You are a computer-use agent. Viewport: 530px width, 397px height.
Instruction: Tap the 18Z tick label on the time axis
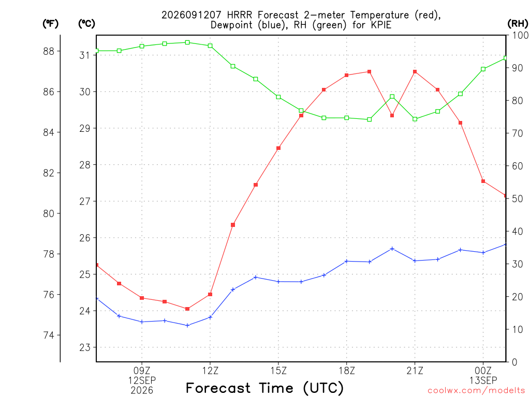347,371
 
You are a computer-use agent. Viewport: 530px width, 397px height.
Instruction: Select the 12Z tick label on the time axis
210,371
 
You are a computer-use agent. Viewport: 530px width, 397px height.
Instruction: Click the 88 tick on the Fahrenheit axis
49,51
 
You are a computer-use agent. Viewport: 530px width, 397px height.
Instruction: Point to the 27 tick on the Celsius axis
85,202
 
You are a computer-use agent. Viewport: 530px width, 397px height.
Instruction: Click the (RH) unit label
518,24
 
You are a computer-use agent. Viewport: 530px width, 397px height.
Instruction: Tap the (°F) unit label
50,24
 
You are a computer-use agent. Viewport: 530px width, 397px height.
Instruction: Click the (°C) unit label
86,24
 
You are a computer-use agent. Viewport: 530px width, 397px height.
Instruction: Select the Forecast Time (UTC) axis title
264,388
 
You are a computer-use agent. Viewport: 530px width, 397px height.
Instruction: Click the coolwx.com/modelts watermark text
476,391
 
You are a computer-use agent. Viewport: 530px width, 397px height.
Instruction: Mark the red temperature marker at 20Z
392,115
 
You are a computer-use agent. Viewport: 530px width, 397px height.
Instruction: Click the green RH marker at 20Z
392,97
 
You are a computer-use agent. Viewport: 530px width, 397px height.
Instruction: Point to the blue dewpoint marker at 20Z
392,249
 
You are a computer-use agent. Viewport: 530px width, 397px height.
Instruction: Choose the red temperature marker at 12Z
210,294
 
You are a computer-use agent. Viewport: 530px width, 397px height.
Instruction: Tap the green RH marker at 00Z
483,69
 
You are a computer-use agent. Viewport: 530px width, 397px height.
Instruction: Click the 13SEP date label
483,380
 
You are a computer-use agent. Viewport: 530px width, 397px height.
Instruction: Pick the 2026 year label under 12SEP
142,391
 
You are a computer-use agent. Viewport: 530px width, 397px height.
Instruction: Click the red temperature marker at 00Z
483,181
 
